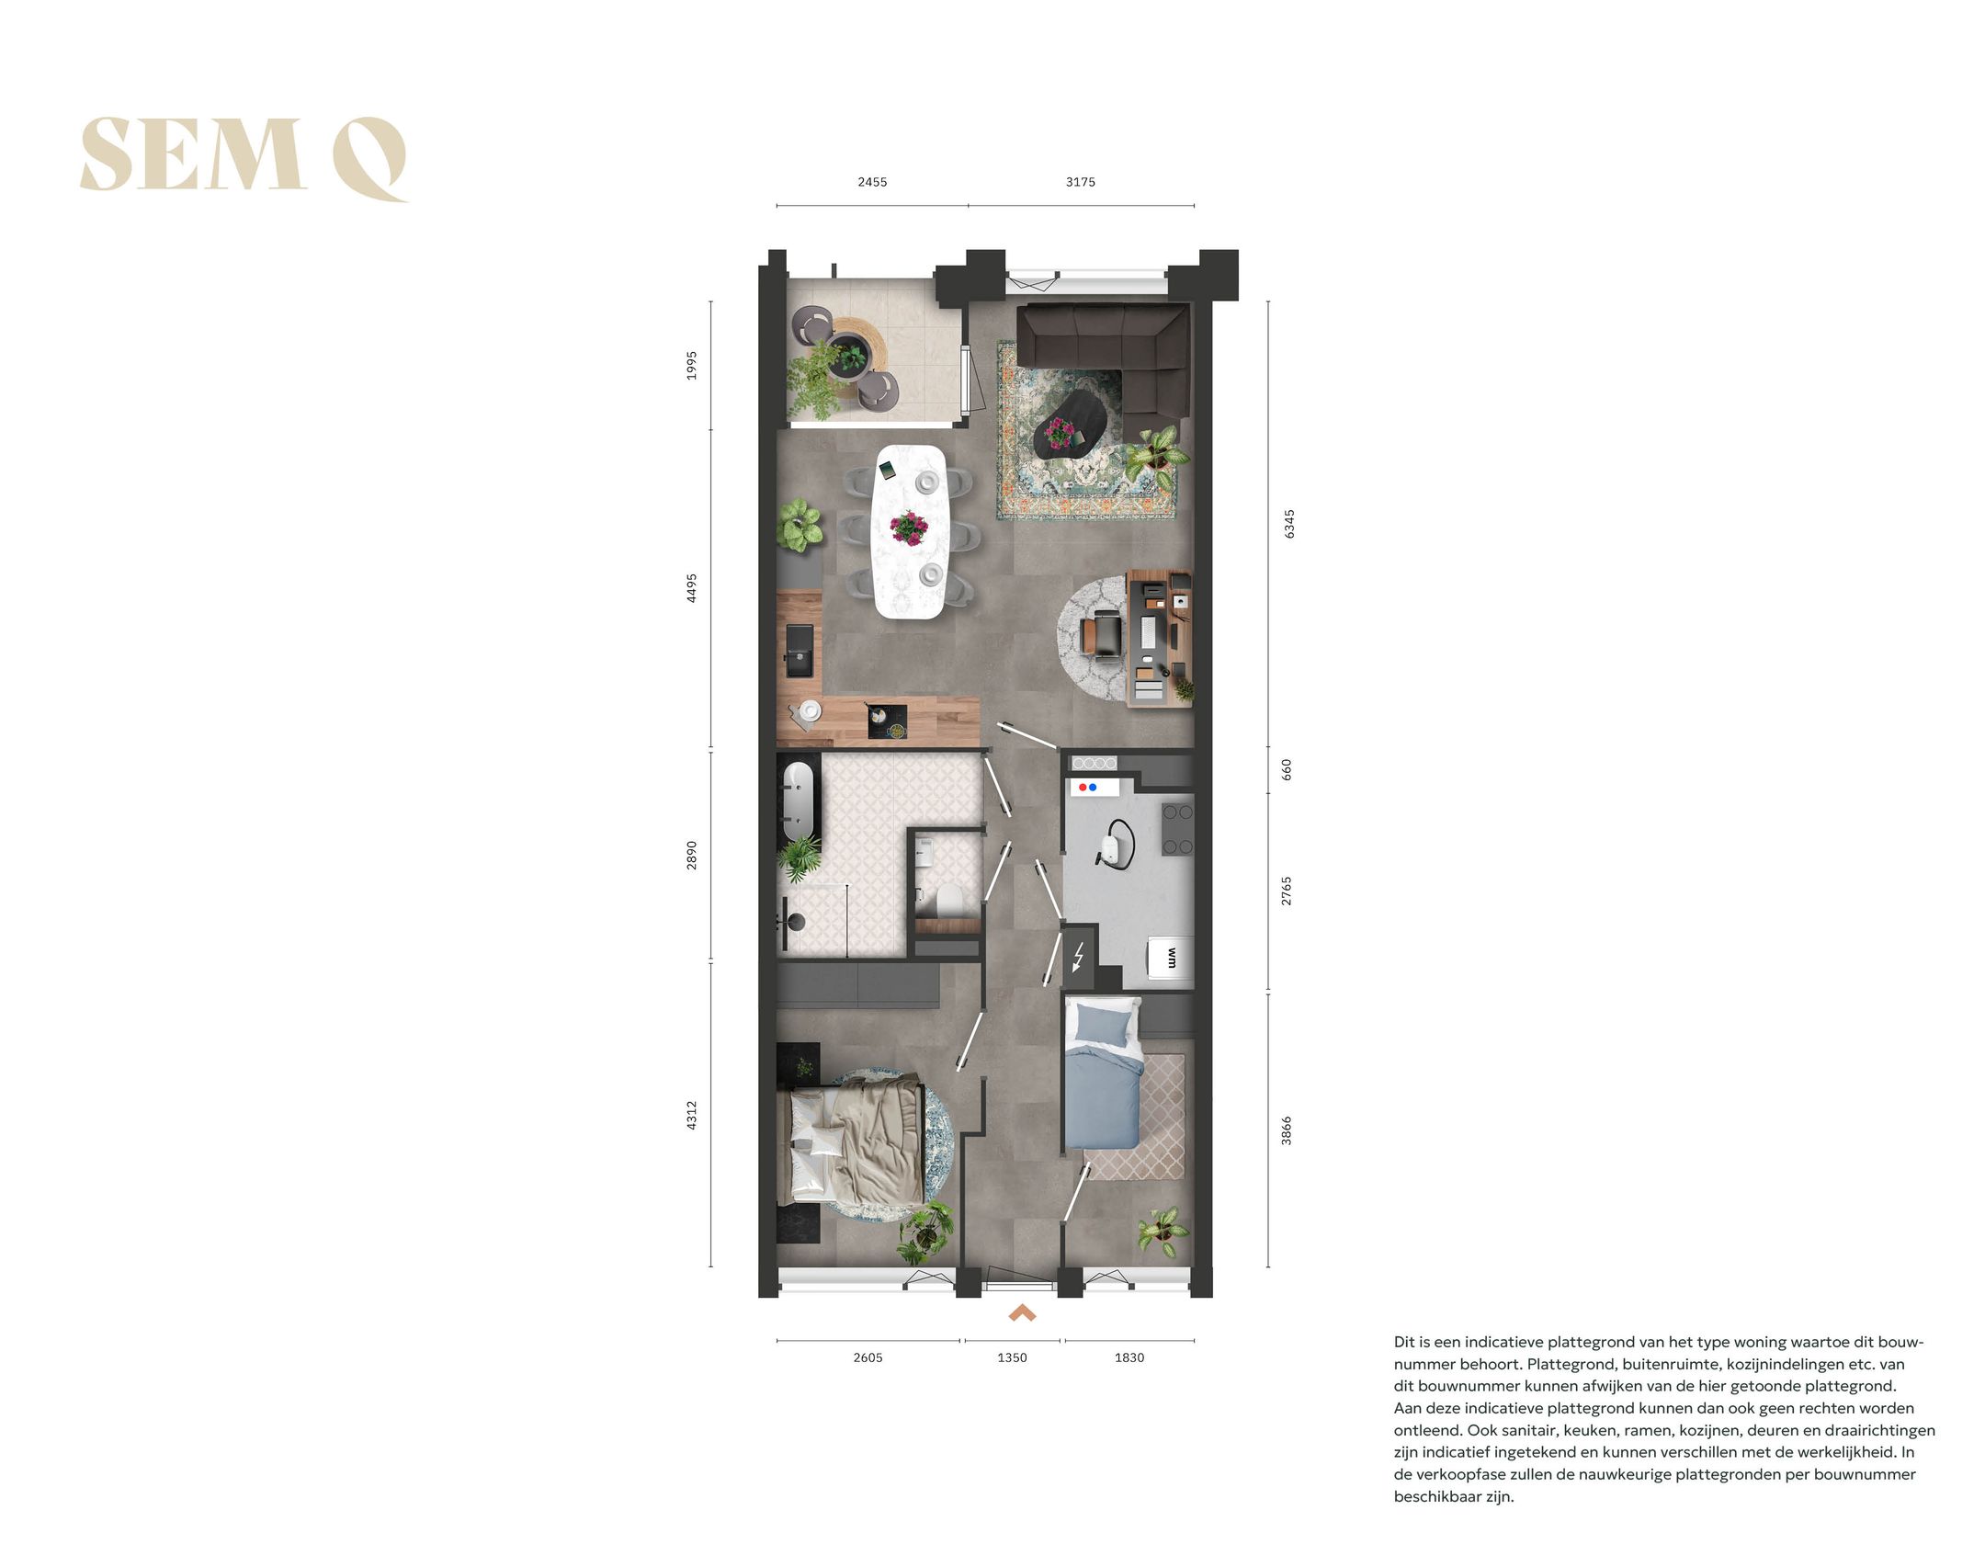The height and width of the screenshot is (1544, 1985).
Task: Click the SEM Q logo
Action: tap(243, 156)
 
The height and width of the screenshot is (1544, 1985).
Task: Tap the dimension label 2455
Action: tap(872, 182)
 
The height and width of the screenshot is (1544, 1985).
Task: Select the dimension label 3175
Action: tap(1080, 182)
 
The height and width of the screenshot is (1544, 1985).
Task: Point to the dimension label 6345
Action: tap(1288, 524)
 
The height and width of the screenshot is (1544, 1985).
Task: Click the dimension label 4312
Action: tap(692, 1115)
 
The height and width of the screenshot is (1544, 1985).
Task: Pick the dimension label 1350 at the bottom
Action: tap(1012, 1357)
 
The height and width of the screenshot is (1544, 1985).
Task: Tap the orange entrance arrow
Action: tap(1022, 1314)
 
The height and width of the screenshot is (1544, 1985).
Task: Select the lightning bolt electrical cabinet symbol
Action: tap(1079, 957)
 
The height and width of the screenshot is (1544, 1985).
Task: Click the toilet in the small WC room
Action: tap(946, 900)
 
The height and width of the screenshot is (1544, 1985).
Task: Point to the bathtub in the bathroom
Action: tap(799, 800)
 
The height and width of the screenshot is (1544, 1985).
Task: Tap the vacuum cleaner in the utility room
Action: tap(1117, 842)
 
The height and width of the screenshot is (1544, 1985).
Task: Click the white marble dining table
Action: tap(910, 531)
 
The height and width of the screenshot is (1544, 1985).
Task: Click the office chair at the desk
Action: tap(1103, 635)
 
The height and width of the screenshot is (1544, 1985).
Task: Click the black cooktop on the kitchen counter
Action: tap(888, 721)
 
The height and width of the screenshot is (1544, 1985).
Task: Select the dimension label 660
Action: tap(1287, 769)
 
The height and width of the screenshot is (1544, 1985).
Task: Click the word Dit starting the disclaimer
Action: tap(1405, 1342)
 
